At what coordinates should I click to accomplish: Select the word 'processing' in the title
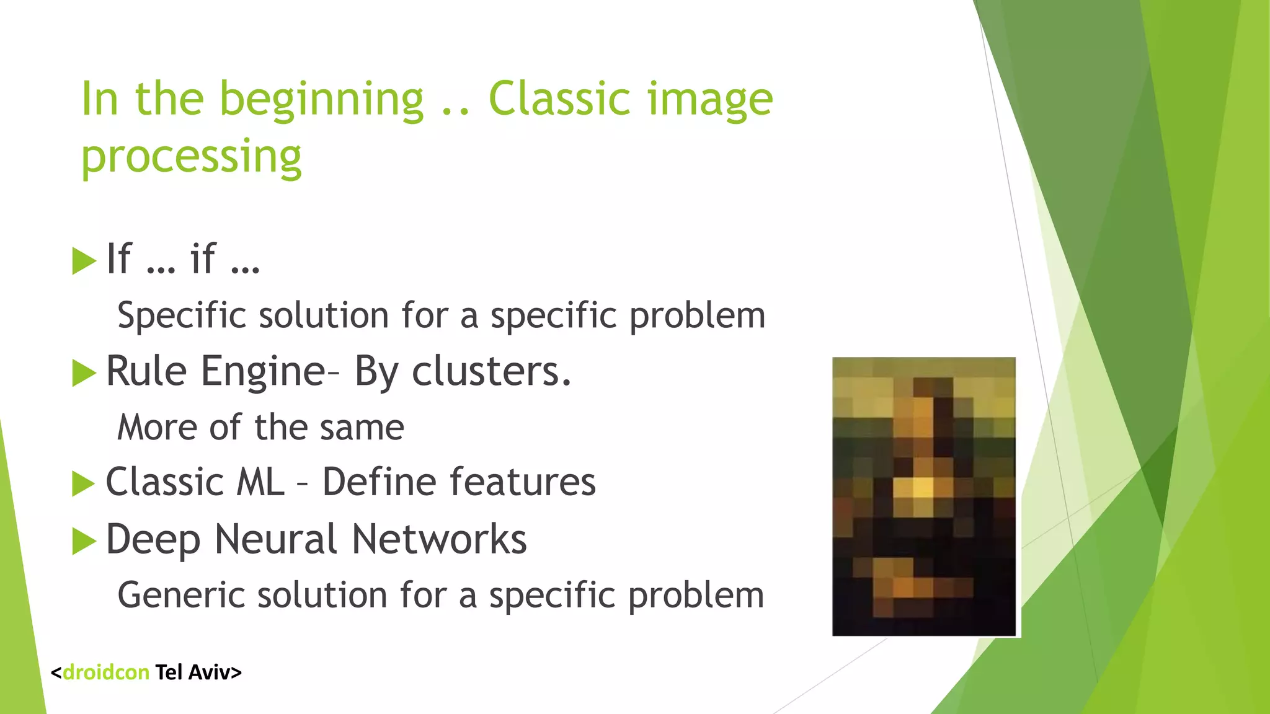192,157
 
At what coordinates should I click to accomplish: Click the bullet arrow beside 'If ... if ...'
84,261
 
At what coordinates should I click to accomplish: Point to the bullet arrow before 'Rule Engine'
84,373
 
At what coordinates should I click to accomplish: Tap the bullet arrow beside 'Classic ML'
84,484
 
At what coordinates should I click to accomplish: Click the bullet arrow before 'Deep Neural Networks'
84,541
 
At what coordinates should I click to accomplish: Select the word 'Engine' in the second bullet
263,372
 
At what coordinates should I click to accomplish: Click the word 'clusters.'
491,372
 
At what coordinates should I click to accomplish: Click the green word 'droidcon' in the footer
106,672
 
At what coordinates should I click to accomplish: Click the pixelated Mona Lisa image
923,496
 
